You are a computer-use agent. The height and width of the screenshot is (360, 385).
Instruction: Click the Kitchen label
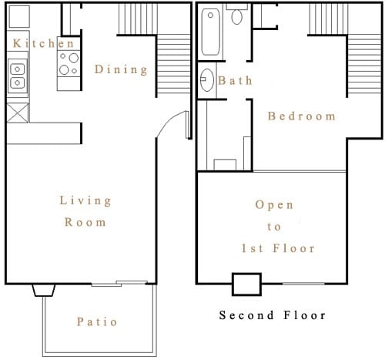pos(43,43)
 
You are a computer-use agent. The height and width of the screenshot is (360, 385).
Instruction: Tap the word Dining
pos(121,69)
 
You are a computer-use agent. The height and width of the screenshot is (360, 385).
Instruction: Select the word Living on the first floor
pos(85,200)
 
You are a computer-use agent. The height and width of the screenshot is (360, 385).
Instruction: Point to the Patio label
pos(97,321)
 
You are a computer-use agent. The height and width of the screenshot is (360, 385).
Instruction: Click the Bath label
pos(235,80)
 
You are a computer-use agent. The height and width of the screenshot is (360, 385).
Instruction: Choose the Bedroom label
pos(301,116)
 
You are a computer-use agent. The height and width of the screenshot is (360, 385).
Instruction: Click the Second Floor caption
pos(272,315)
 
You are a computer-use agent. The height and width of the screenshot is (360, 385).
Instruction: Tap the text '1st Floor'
pos(274,248)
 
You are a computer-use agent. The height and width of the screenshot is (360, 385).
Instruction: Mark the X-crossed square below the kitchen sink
pos(17,113)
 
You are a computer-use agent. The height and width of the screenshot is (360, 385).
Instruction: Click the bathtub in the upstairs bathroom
pos(211,32)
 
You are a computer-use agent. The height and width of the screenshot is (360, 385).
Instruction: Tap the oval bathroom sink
pos(206,79)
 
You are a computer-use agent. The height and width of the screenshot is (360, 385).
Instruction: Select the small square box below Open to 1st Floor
pos(246,284)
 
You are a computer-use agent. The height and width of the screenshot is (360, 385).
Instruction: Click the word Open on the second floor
pos(274,205)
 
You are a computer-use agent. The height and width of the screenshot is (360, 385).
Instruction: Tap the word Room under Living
pos(85,222)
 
